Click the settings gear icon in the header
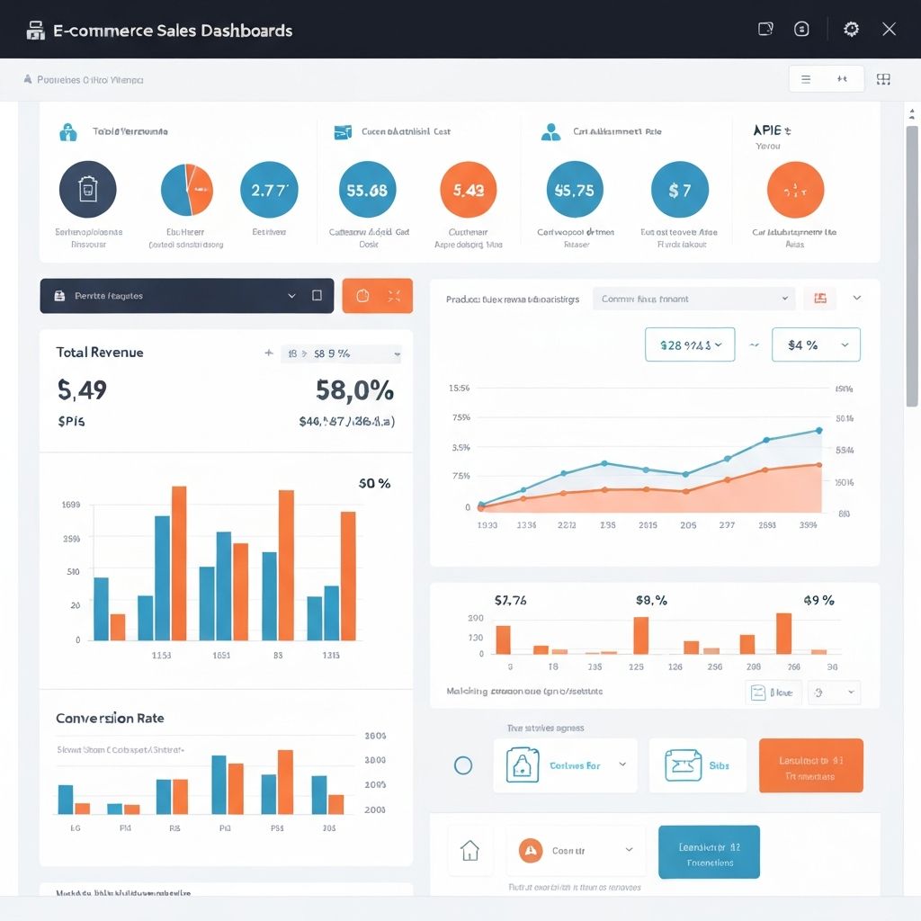[x=851, y=29]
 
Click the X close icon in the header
[x=889, y=29]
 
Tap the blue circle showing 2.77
[x=269, y=190]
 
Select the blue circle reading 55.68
[x=366, y=190]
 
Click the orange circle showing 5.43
[x=469, y=190]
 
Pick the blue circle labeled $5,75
[x=575, y=190]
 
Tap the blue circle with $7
[x=679, y=190]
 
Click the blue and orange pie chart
[x=186, y=190]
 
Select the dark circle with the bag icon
[x=87, y=190]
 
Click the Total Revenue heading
[x=99, y=353]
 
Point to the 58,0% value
[x=354, y=390]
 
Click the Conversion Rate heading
[x=110, y=719]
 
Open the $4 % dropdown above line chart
[x=816, y=344]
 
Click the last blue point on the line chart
[x=818, y=430]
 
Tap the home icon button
[x=469, y=850]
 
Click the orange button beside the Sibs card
[x=810, y=765]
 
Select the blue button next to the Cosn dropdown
[x=709, y=852]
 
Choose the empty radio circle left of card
[x=463, y=765]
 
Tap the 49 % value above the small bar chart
[x=818, y=601]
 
